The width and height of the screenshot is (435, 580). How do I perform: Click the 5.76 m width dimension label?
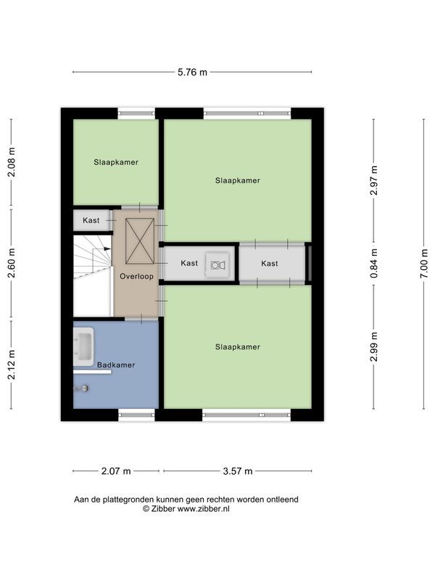[192, 72]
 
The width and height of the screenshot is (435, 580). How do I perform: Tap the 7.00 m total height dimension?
[424, 263]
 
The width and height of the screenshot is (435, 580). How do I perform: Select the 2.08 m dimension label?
[12, 162]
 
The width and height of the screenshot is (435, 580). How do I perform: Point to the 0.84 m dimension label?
[374, 263]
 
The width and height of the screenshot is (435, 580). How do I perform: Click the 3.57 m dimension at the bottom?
[238, 471]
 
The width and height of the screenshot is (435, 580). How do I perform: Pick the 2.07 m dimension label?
[116, 471]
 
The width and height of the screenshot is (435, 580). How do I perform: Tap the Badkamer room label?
[116, 365]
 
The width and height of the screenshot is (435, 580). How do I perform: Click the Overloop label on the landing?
[136, 276]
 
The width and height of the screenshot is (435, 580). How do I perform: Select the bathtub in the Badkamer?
[83, 347]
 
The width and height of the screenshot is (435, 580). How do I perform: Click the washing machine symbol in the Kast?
[217, 265]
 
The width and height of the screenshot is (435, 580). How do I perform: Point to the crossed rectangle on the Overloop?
[140, 241]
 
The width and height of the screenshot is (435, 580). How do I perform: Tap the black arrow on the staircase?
[107, 249]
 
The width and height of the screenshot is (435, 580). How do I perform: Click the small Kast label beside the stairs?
[91, 220]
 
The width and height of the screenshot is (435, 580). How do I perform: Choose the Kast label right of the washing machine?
[269, 263]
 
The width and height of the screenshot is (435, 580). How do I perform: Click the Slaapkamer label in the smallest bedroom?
[116, 162]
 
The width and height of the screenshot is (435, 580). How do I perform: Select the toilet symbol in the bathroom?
[82, 389]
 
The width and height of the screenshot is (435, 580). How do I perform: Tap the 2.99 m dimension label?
[374, 347]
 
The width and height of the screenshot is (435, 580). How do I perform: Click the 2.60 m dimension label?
[12, 263]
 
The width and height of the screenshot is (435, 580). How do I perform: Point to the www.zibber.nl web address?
[204, 509]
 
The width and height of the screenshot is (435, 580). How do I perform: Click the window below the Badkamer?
[136, 415]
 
